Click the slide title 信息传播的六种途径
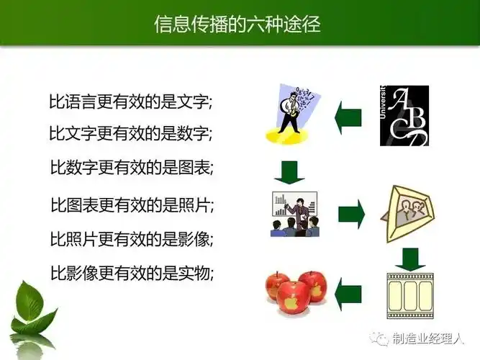[237, 24]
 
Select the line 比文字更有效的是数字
[130, 134]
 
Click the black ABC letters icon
[404, 115]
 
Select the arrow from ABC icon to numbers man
[348, 115]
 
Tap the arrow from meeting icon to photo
[350, 213]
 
